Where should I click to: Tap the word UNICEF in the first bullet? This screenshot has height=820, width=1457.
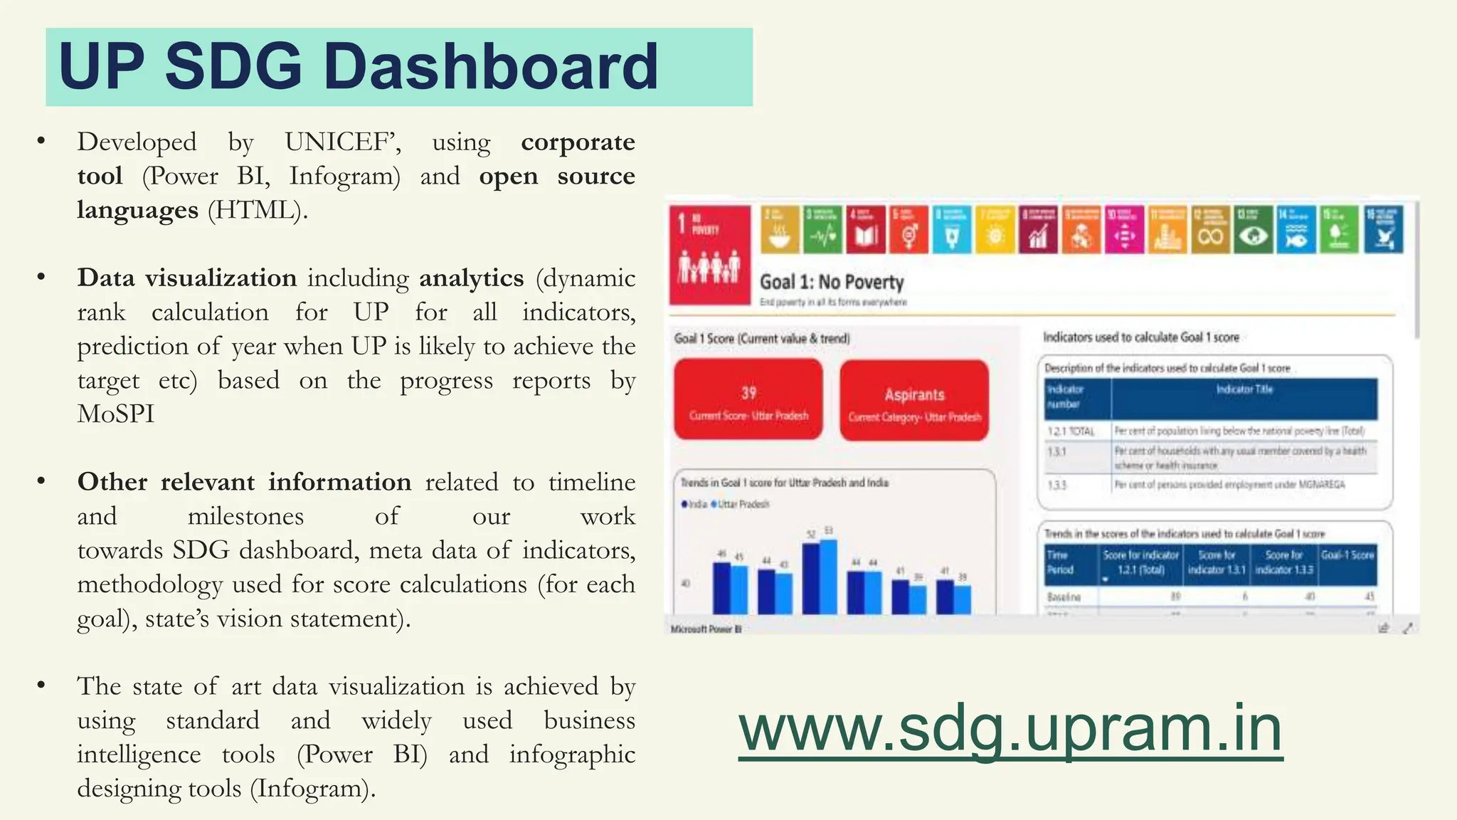(x=339, y=142)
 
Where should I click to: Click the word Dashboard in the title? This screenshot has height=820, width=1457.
(x=491, y=66)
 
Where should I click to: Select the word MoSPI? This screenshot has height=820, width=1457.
(x=116, y=414)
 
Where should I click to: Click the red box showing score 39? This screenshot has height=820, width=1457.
(x=748, y=400)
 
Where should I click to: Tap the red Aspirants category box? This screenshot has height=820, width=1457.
(x=914, y=400)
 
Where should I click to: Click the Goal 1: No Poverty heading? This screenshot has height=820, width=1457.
(x=832, y=283)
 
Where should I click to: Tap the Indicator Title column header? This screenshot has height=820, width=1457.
(x=1244, y=389)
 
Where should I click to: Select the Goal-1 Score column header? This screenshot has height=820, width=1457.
(x=1347, y=555)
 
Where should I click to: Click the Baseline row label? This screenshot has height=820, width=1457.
(x=1064, y=597)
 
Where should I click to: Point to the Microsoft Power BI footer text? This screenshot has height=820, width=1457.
(x=706, y=629)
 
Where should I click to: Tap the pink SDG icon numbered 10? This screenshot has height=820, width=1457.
(x=1125, y=230)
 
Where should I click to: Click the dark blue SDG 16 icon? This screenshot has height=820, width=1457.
(x=1384, y=230)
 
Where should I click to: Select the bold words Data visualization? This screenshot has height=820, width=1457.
(x=187, y=278)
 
